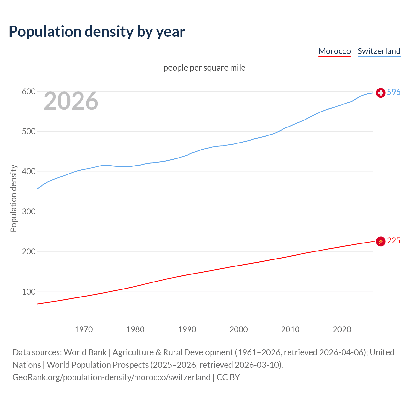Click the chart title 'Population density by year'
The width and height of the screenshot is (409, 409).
pos(97,32)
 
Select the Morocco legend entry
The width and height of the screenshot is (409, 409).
pos(335,51)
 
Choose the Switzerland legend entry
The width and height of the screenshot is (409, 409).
pos(379,51)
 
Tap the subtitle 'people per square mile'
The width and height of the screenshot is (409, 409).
pos(204,68)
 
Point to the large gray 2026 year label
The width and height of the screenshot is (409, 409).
pos(71,101)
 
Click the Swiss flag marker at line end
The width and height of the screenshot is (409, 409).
pos(381,93)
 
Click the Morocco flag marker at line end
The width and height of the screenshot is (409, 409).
pos(381,241)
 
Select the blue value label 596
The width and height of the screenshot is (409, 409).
pos(394,92)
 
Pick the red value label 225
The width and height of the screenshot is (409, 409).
pos(394,241)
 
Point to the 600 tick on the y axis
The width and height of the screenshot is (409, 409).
pos(28,92)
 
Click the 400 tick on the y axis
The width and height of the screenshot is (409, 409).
pos(28,172)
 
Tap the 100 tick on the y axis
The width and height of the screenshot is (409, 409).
pos(28,292)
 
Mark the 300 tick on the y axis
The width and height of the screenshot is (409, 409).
pos(28,212)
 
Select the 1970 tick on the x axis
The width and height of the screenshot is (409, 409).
pos(84,329)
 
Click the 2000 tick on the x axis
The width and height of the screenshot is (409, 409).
pos(239,329)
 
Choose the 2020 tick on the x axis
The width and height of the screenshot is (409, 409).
pos(342,329)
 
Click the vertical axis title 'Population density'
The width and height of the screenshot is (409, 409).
pos(13,198)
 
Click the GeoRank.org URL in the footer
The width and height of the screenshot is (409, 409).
pos(112,377)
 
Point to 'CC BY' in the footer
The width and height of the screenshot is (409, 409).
pos(228,377)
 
